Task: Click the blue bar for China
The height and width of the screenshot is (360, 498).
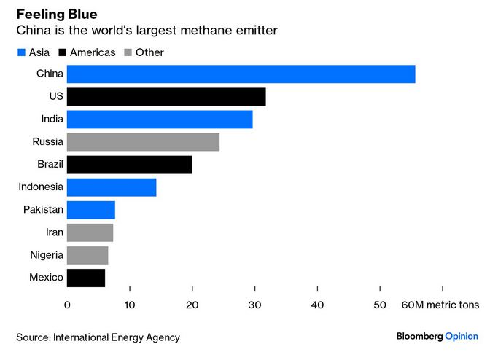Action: (241, 74)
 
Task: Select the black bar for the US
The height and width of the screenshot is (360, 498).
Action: (166, 96)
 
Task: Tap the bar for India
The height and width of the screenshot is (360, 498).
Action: (160, 119)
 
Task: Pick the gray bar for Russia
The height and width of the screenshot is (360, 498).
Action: (143, 141)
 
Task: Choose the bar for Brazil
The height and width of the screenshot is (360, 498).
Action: (129, 164)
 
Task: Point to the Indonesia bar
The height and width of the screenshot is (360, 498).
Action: (111, 187)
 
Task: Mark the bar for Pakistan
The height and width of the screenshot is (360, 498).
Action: (90, 210)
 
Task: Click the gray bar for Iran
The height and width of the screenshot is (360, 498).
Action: (90, 232)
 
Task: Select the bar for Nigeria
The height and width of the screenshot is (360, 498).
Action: (87, 255)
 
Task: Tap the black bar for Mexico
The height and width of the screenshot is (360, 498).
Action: (85, 278)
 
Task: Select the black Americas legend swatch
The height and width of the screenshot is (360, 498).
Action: (63, 52)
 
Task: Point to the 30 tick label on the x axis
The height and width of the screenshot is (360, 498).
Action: (254, 305)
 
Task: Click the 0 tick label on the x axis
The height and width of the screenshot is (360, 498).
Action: (67, 305)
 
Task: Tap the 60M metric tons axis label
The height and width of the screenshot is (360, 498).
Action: (440, 305)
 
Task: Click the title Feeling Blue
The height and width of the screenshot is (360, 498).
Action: (56, 15)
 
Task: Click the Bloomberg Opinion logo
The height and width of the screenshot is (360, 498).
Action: (437, 336)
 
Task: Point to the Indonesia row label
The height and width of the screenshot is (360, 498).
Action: (42, 187)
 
